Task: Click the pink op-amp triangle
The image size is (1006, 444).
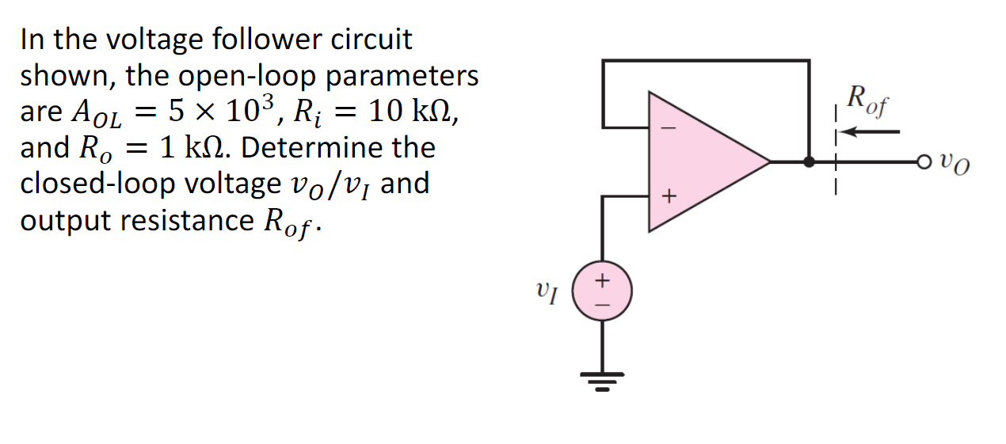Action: coord(697,161)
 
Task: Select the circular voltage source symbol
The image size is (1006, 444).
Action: coord(602,290)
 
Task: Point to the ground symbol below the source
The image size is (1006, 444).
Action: coord(602,385)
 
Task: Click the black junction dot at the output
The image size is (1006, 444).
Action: coord(809,161)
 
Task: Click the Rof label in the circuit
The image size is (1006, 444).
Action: coord(866,101)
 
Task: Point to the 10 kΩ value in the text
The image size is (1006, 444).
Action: coord(400,112)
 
